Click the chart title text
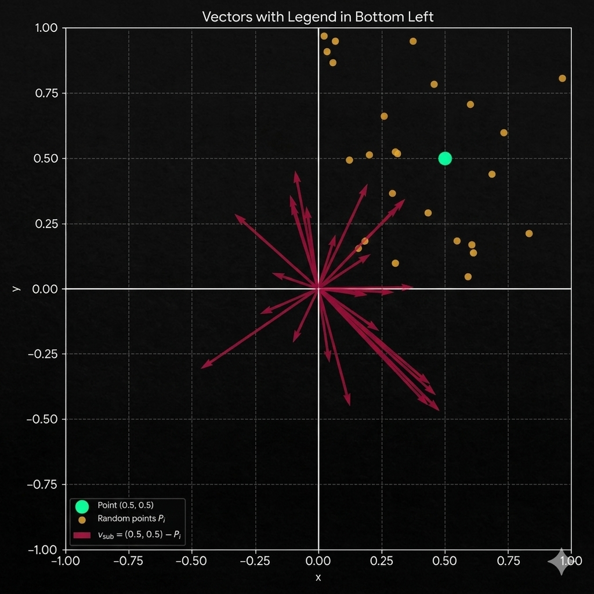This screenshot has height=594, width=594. point(317,16)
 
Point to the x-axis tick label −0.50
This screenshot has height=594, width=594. point(192,562)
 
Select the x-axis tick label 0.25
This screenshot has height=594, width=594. point(382,562)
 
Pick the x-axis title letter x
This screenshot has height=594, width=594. point(318,577)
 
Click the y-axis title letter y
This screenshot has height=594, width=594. point(17,288)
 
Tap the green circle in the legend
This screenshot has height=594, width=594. point(82,506)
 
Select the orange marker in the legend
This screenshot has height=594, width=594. point(82,520)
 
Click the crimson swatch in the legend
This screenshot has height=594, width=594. point(82,535)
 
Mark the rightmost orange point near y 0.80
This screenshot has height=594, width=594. point(562,78)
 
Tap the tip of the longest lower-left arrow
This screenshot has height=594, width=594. point(202,367)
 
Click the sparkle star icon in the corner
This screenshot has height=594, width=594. point(561,562)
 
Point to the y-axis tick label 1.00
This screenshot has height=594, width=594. point(46,28)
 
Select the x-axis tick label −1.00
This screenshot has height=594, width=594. point(65,562)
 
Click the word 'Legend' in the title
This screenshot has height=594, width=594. point(309,16)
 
